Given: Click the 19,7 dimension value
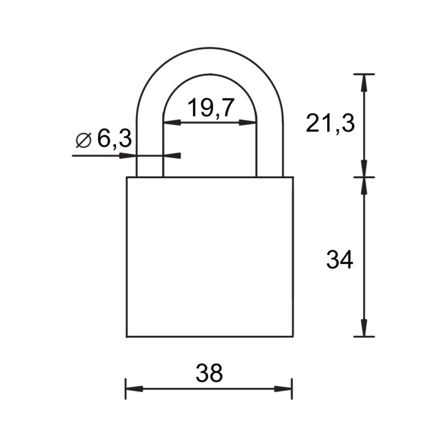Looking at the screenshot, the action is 211,108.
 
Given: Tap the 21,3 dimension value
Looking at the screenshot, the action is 330,124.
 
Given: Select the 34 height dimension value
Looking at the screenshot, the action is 340,259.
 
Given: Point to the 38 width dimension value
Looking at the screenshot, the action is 209,373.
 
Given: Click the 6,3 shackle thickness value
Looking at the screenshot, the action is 114,139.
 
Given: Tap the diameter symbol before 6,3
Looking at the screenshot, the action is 84,140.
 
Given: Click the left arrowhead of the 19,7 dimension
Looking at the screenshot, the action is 172,122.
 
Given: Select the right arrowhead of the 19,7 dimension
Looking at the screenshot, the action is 248,122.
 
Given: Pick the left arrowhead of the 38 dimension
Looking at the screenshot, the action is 135,389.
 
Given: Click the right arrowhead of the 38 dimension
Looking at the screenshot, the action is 283,389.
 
